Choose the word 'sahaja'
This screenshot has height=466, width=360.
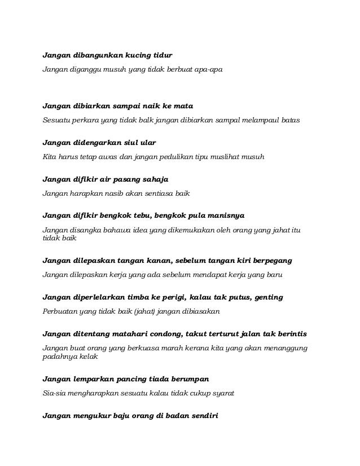(151, 179)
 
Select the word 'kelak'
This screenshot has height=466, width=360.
(89, 357)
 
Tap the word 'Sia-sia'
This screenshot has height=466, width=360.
(54, 393)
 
